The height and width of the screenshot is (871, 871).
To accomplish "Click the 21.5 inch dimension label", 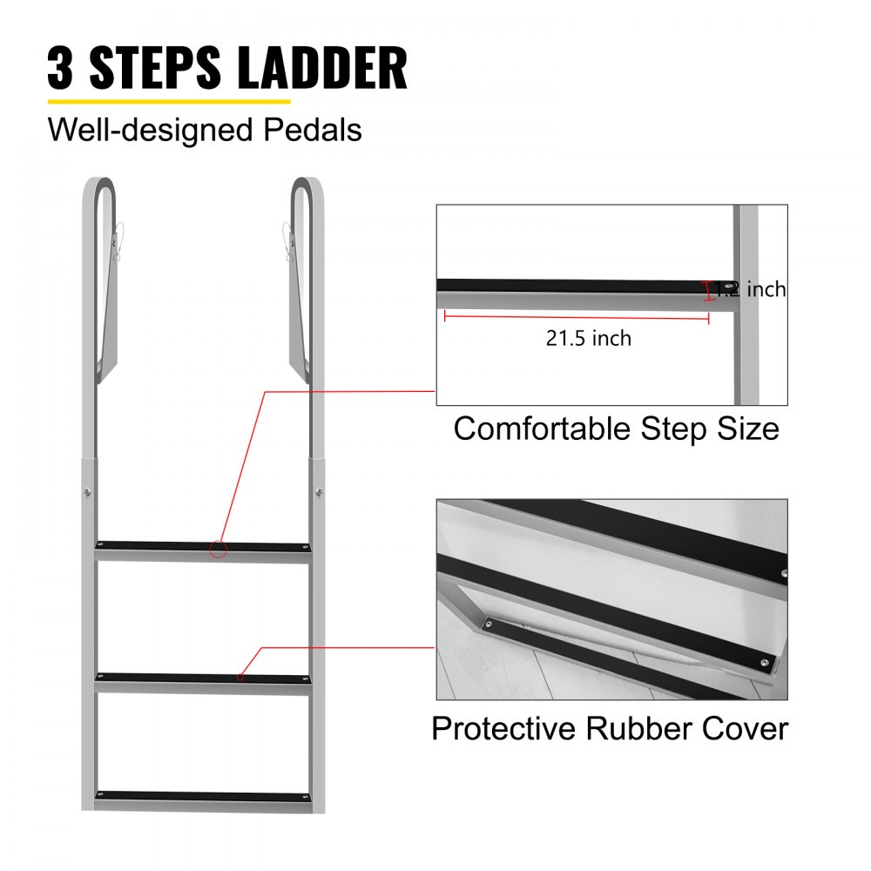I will [589, 338].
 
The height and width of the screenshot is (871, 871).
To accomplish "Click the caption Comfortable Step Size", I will [616, 429].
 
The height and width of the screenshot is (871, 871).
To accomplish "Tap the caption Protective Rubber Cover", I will [610, 727].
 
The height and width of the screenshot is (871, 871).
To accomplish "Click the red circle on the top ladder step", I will [219, 549].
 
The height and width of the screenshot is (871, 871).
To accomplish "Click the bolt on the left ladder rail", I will [88, 495].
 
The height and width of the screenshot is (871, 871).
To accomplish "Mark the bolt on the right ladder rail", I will [321, 495].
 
